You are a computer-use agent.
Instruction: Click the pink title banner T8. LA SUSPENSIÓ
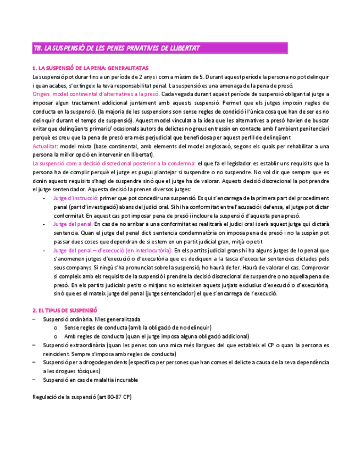[116, 48]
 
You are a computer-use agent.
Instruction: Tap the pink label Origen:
[43, 94]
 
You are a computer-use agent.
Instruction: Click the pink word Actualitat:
[46, 146]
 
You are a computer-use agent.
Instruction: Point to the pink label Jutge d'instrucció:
[76, 198]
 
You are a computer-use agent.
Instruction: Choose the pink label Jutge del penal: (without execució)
[73, 224]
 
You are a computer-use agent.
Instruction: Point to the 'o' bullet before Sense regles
[56, 328]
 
